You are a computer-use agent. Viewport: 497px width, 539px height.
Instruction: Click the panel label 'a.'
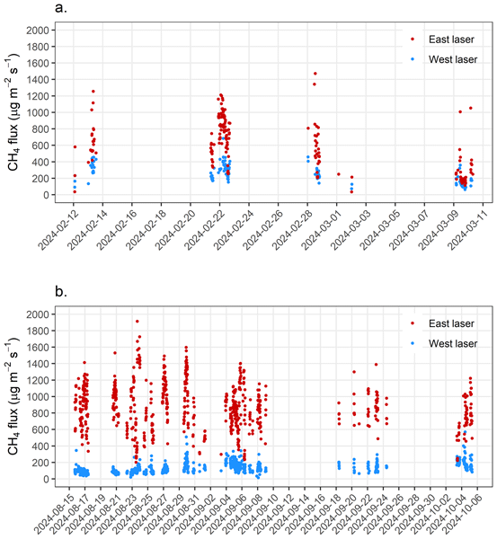pyautogui.click(x=61, y=7)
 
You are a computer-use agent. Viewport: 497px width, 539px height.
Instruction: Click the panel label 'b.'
pyautogui.click(x=61, y=291)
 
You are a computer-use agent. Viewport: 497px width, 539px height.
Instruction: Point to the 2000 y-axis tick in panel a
pyautogui.click(x=38, y=31)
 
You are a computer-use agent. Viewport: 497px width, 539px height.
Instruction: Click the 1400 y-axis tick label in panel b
pyautogui.click(x=38, y=364)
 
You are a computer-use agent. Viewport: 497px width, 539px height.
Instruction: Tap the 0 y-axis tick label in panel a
pyautogui.click(x=47, y=195)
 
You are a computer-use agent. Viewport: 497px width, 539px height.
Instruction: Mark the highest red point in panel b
pyautogui.click(x=138, y=321)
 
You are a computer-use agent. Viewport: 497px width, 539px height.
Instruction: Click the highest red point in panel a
pyautogui.click(x=315, y=74)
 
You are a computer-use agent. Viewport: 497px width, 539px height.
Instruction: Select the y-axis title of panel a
pyautogui.click(x=13, y=112)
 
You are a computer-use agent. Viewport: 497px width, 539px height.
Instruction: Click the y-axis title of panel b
pyautogui.click(x=13, y=396)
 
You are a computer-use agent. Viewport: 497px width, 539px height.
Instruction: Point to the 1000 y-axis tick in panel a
pyautogui.click(x=38, y=113)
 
